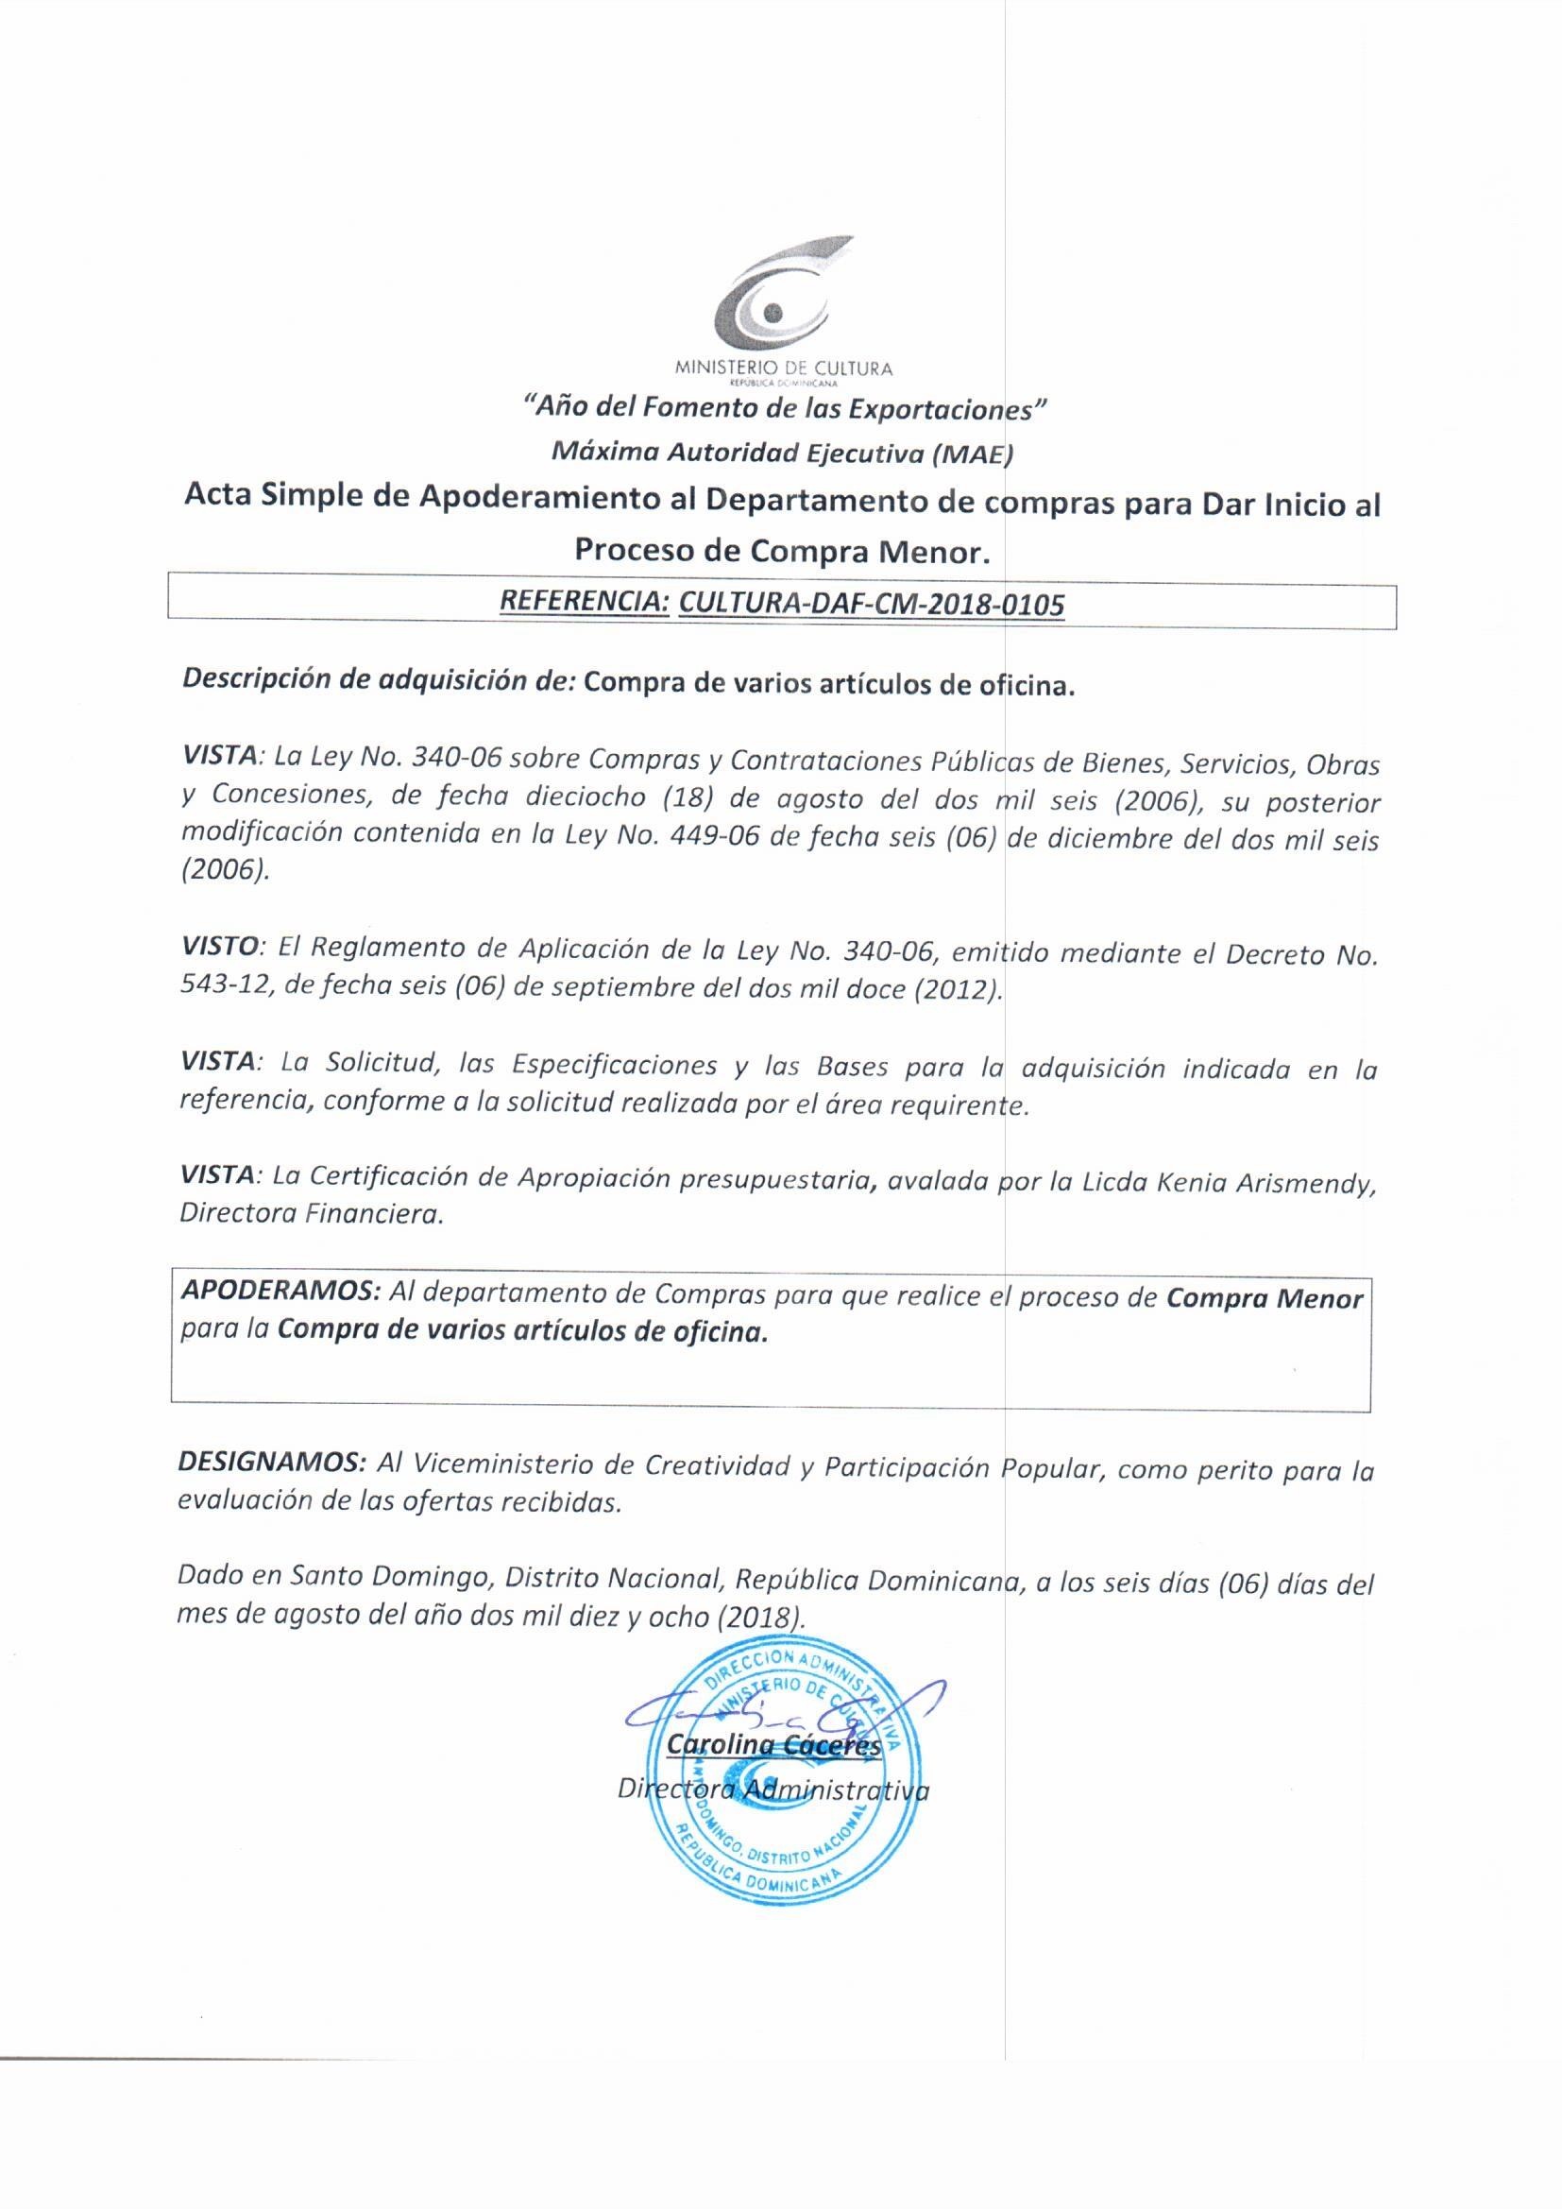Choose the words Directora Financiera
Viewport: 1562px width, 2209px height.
coord(311,1215)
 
